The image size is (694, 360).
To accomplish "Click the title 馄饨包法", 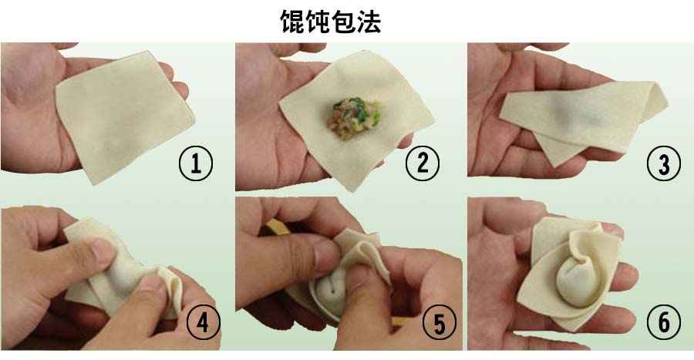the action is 330,22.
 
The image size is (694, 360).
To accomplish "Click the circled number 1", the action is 196,163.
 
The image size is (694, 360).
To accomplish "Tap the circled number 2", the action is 423,163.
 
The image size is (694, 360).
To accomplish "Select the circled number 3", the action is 663,163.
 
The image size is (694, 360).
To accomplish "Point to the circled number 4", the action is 203,322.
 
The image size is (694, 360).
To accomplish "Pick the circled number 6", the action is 663,322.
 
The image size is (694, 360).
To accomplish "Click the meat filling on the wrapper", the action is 354,117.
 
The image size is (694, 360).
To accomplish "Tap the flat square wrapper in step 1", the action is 124,116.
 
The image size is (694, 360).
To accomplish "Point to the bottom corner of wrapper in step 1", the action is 94,184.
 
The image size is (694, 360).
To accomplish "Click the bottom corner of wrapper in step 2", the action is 352,191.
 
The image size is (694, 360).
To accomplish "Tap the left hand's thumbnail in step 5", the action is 325,254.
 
